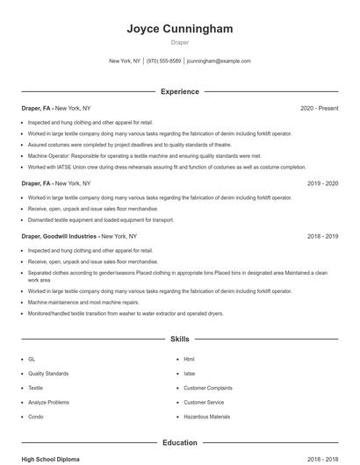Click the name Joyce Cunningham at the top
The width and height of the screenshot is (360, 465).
pyautogui.click(x=180, y=29)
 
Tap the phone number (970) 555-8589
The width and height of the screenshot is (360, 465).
pyautogui.click(x=164, y=61)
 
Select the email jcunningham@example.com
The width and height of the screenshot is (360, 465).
pyautogui.click(x=219, y=61)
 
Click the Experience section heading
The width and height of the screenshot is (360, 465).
pyautogui.click(x=180, y=91)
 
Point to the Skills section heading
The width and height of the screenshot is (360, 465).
pyautogui.click(x=180, y=338)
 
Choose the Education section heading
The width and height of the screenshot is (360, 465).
pyautogui.click(x=180, y=443)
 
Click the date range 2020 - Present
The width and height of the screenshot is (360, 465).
pyautogui.click(x=319, y=108)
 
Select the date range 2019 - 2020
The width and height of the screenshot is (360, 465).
pyautogui.click(x=322, y=183)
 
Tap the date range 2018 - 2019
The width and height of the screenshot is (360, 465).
pyautogui.click(x=322, y=236)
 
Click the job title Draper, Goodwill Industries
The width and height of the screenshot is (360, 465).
pyautogui.click(x=59, y=236)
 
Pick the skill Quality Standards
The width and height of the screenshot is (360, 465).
pyautogui.click(x=47, y=373)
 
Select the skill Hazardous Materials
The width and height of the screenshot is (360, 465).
pyautogui.click(x=206, y=417)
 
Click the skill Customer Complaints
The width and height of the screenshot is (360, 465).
pyautogui.click(x=207, y=388)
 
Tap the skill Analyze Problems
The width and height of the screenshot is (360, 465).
pyautogui.click(x=48, y=402)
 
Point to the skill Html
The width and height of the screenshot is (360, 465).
pyautogui.click(x=189, y=359)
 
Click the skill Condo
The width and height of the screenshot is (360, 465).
pyautogui.click(x=35, y=417)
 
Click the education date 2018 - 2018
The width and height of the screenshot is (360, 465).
pyautogui.click(x=322, y=459)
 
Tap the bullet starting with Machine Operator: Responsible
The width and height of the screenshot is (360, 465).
pyautogui.click(x=145, y=155)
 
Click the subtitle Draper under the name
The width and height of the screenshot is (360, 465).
pyautogui.click(x=180, y=43)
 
